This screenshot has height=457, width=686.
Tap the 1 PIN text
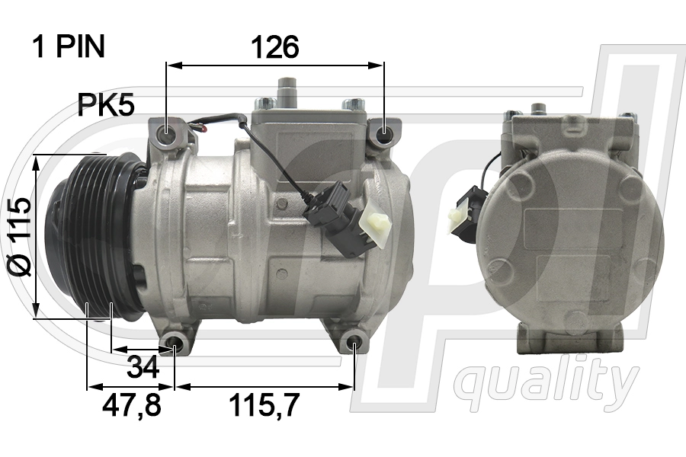(69, 46)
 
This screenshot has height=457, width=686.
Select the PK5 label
(106, 105)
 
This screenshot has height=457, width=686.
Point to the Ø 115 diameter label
(20, 237)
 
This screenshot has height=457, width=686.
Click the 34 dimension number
(143, 367)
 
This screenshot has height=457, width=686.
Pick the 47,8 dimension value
(132, 405)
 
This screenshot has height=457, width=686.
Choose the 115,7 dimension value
(264, 405)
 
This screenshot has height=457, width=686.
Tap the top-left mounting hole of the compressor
(167, 129)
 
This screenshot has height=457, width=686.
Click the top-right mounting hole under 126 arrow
(384, 129)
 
